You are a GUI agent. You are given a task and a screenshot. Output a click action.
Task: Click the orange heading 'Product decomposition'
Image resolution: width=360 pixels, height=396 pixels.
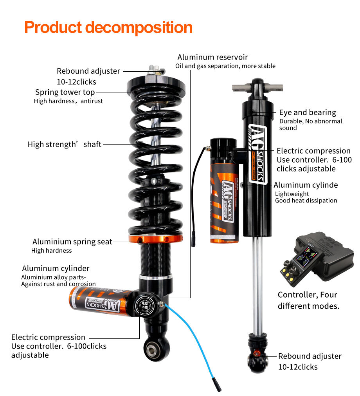click(x=108, y=28)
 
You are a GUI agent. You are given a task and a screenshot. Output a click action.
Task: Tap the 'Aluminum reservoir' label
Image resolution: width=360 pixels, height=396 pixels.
click(x=212, y=57)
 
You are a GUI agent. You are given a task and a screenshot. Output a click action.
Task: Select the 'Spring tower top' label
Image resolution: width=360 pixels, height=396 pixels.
click(x=65, y=92)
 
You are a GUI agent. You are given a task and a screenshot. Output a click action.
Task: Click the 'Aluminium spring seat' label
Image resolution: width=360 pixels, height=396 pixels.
click(x=72, y=242)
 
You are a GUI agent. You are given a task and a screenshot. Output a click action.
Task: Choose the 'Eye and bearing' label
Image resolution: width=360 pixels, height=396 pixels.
click(x=307, y=112)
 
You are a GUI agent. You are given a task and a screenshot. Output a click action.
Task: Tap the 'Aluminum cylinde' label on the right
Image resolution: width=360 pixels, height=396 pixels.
click(x=306, y=185)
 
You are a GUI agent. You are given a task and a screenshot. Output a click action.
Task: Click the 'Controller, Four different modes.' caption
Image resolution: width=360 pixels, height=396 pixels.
click(x=308, y=300)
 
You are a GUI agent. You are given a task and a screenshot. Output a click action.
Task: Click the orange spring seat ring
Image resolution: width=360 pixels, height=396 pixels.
click(x=156, y=239)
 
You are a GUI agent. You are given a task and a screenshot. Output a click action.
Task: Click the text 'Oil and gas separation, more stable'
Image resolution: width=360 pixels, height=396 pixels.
click(x=225, y=66)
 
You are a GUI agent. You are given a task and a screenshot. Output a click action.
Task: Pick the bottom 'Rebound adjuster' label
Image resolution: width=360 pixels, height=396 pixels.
click(x=310, y=356)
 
